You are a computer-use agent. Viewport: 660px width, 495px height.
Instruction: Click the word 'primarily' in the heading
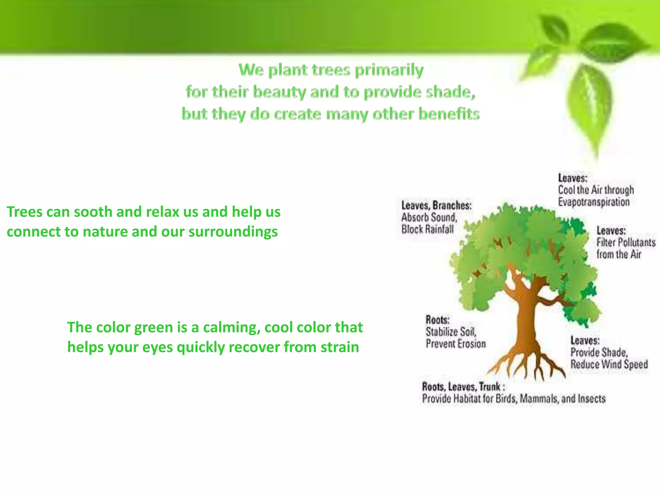(389, 71)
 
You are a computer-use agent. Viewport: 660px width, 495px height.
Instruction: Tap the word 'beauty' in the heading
(279, 92)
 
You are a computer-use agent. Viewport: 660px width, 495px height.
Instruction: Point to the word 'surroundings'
(233, 232)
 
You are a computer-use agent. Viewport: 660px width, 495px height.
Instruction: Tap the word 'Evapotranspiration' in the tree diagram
(594, 202)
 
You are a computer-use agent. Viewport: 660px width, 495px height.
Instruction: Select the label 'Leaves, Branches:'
(436, 205)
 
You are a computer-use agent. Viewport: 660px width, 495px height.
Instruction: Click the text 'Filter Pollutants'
(626, 242)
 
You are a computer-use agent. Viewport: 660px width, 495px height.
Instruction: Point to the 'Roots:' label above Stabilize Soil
(437, 320)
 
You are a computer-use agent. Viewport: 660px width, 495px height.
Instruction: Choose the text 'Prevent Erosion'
(455, 344)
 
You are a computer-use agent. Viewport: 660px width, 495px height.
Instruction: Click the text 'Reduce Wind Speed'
(609, 364)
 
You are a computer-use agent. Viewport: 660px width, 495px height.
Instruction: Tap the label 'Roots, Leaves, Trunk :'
(463, 386)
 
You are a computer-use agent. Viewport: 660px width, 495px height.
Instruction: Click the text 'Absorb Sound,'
(429, 217)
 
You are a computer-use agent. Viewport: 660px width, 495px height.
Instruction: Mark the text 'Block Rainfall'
(427, 229)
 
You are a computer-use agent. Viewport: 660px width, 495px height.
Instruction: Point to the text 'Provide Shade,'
(599, 352)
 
